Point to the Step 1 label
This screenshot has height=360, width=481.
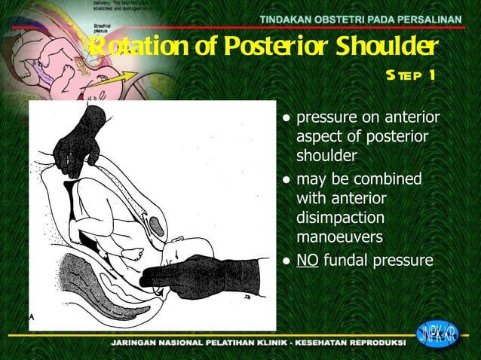pyautogui.click(x=410, y=75)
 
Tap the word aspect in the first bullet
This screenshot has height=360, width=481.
pyautogui.click(x=319, y=137)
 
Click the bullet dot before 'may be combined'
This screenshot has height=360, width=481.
pyautogui.click(x=286, y=181)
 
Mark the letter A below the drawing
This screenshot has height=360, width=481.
pyautogui.click(x=32, y=317)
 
